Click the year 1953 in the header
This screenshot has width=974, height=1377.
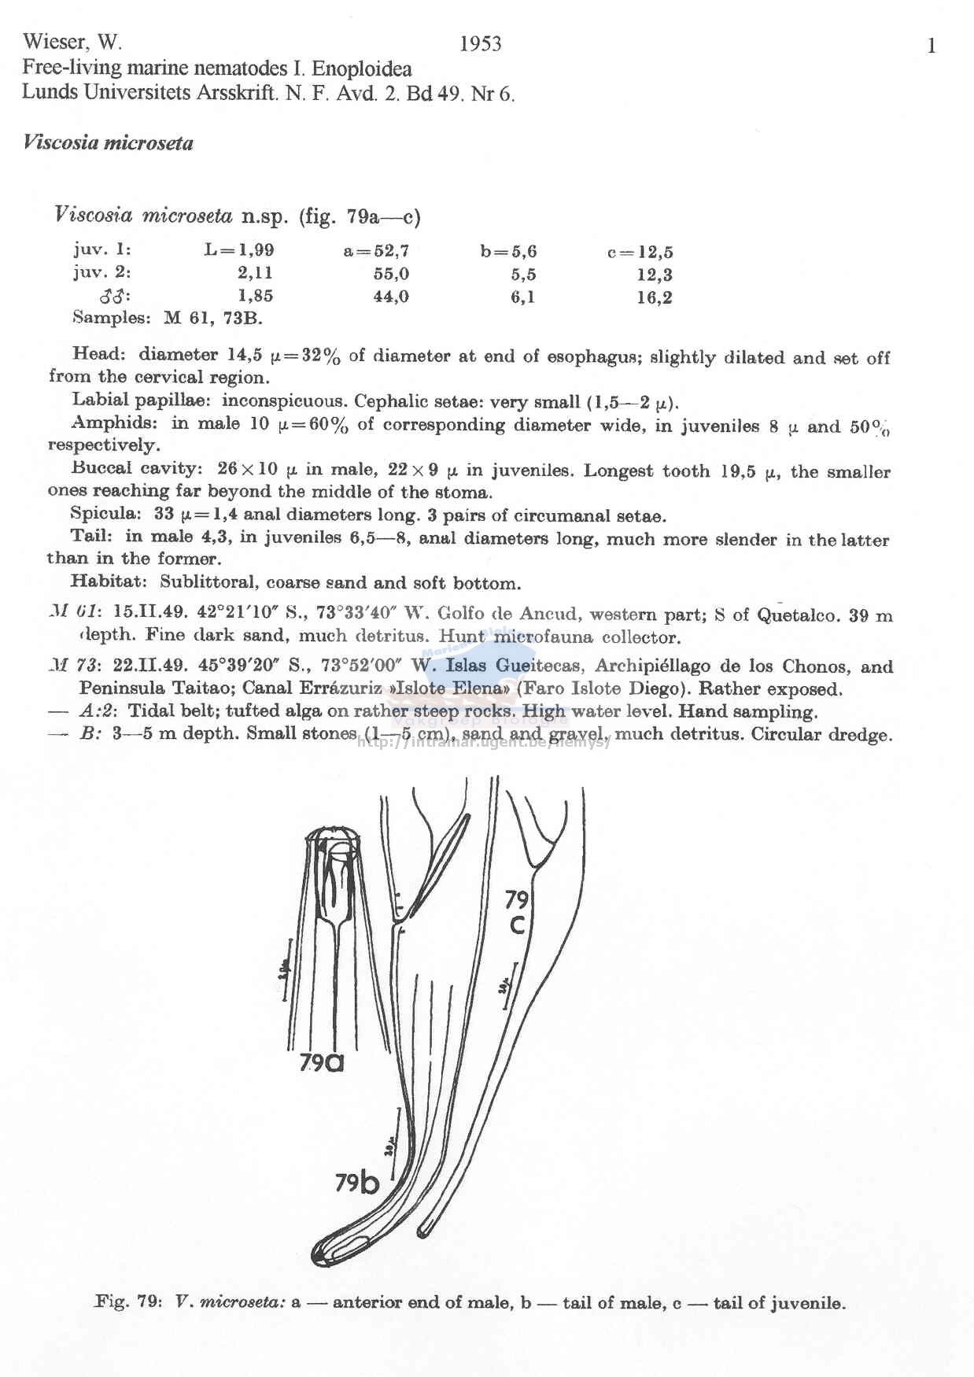tap(480, 43)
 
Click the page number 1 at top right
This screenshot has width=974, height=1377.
tap(932, 46)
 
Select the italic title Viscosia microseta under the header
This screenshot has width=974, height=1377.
tap(108, 143)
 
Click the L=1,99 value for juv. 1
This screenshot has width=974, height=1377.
tap(239, 250)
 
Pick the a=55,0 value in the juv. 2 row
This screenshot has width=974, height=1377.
tap(391, 274)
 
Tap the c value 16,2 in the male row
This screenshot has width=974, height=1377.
tap(655, 297)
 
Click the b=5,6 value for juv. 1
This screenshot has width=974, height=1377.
tap(508, 252)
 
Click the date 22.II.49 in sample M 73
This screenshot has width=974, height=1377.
tap(150, 666)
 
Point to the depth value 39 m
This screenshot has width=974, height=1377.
tap(871, 615)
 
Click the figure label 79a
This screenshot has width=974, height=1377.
tap(322, 1063)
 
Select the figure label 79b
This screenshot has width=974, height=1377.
tap(356, 1183)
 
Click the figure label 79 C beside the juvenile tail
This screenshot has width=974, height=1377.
tap(517, 912)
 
